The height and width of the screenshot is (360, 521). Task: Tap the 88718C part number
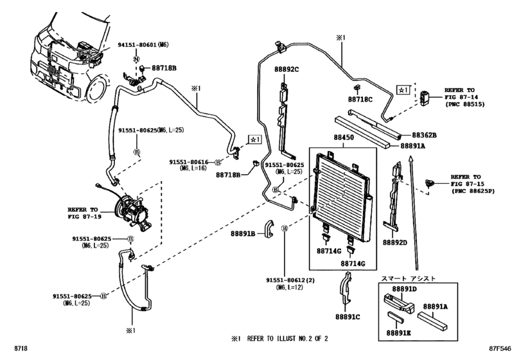tap(360, 100)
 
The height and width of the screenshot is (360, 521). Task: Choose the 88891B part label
tap(243, 233)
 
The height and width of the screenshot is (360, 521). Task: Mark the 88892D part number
tap(396, 243)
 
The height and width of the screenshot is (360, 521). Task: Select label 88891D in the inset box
tap(405, 289)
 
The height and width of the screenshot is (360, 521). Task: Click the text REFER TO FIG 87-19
tap(84, 213)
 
